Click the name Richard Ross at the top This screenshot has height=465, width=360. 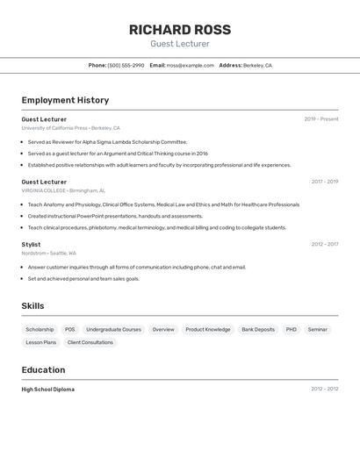click(x=180, y=29)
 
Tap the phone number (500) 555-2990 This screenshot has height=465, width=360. click(x=126, y=65)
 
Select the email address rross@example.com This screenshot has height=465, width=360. click(x=191, y=65)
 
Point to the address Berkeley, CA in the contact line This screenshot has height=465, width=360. click(x=257, y=65)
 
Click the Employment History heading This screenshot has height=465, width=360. click(x=65, y=100)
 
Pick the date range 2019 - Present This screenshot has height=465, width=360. click(x=320, y=119)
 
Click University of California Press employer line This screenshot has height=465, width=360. click(x=70, y=128)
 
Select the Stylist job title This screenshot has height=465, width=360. click(x=31, y=245)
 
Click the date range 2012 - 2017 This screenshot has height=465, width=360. click(x=324, y=245)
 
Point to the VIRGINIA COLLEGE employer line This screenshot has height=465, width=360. click(x=63, y=190)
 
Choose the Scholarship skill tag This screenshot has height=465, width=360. click(x=40, y=329)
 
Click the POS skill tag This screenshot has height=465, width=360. click(x=70, y=329)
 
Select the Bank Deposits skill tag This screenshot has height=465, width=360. click(x=258, y=329)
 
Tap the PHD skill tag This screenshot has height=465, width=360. click(x=292, y=329)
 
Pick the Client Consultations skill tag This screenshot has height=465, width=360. click(x=90, y=342)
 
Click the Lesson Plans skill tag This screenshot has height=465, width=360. click(x=40, y=342)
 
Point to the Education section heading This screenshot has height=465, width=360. click(x=43, y=369)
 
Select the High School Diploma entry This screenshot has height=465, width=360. click(x=48, y=389)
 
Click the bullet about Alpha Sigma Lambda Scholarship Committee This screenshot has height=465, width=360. click(x=107, y=141)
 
